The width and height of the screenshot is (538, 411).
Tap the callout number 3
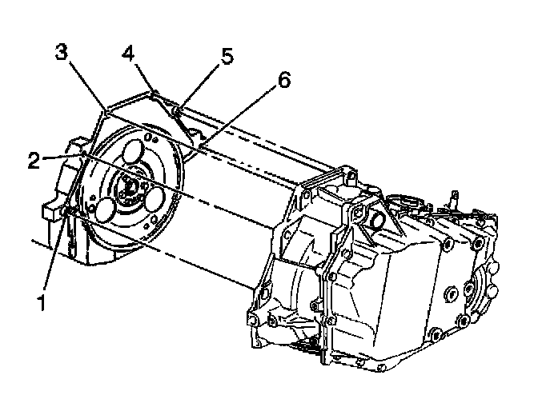click(61, 53)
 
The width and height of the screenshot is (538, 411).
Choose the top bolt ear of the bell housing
click(346, 173)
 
